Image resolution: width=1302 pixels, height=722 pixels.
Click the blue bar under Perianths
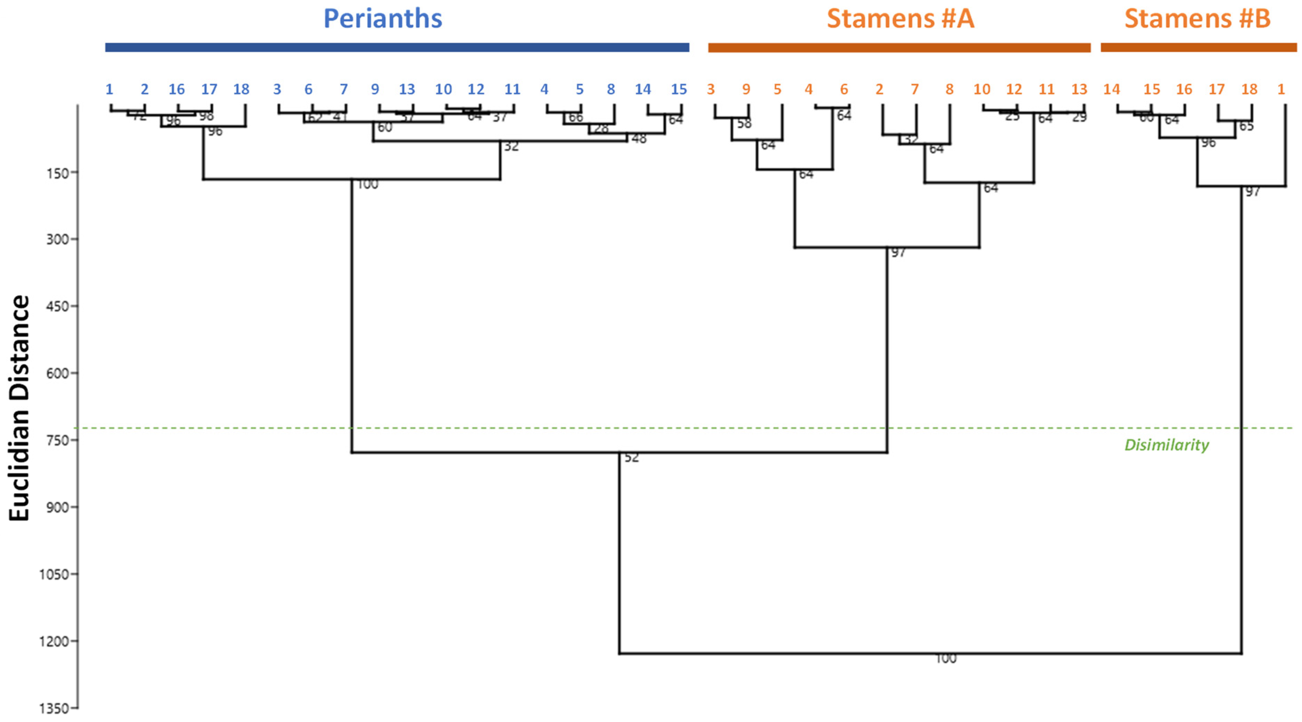pyautogui.click(x=397, y=48)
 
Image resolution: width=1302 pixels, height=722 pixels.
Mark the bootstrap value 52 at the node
pyautogui.click(x=632, y=458)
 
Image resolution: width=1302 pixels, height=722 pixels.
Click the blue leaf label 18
pyautogui.click(x=241, y=90)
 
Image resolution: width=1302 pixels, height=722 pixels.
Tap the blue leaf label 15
pyautogui.click(x=679, y=90)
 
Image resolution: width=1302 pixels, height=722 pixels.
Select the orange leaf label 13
pyautogui.click(x=1079, y=90)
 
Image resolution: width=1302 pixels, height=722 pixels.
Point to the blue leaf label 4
pyautogui.click(x=544, y=90)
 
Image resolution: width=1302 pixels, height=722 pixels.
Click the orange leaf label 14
pyautogui.click(x=1112, y=90)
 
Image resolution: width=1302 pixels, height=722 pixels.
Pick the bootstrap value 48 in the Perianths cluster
pyautogui.click(x=639, y=138)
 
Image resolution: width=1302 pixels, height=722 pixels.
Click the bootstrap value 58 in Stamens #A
pyautogui.click(x=744, y=124)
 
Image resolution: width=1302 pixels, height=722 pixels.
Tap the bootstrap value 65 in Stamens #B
pyautogui.click(x=1246, y=126)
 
